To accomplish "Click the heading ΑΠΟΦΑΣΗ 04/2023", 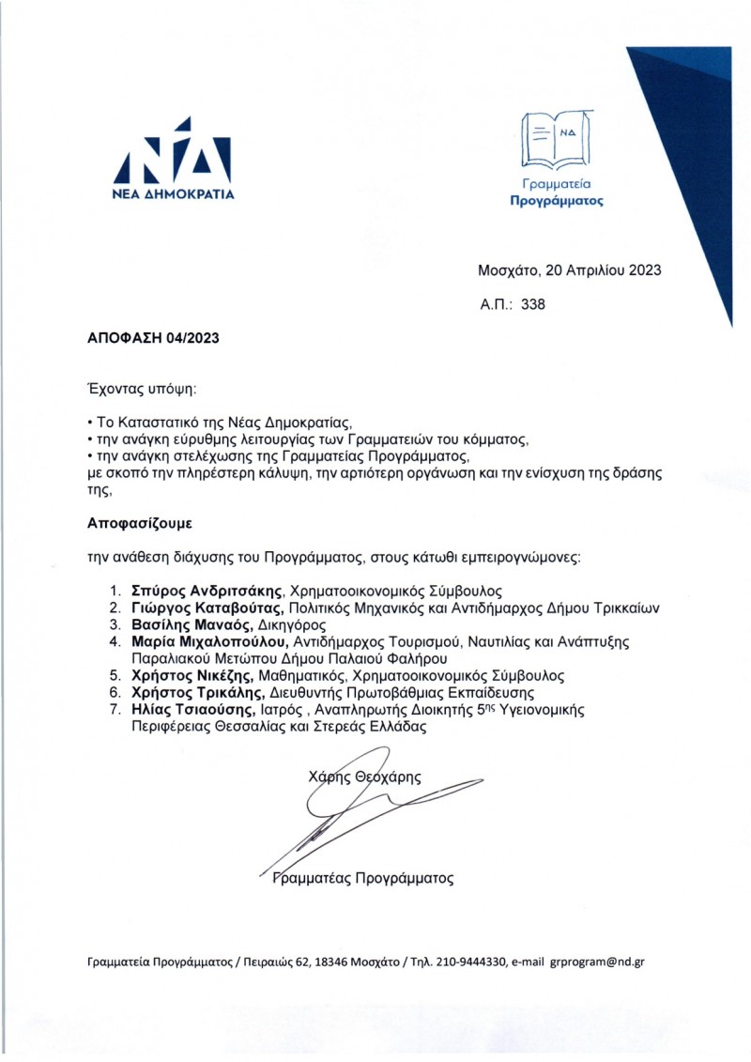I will pyautogui.click(x=139, y=336).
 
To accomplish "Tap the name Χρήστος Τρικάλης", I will pyautogui.click(x=191, y=692).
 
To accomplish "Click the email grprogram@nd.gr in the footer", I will pyautogui.click(x=597, y=962).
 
